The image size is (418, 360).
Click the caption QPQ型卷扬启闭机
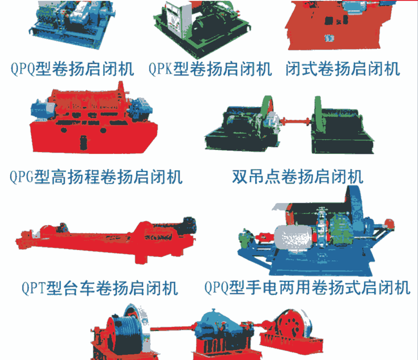pyautogui.click(x=72, y=69)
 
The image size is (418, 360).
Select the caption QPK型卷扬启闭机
pyautogui.click(x=210, y=69)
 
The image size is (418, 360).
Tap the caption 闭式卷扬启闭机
pyautogui.click(x=343, y=69)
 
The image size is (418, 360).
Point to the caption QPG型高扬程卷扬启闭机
pyautogui.click(x=96, y=177)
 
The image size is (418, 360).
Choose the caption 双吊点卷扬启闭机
pyautogui.click(x=298, y=177)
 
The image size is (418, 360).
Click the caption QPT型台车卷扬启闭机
pyautogui.click(x=100, y=288)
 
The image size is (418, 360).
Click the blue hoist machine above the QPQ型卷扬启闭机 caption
pyautogui.click(x=72, y=25)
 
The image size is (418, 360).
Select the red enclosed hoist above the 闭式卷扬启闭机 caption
pyautogui.click(x=340, y=26)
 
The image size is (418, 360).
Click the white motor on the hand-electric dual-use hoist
pyautogui.click(x=293, y=238)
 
